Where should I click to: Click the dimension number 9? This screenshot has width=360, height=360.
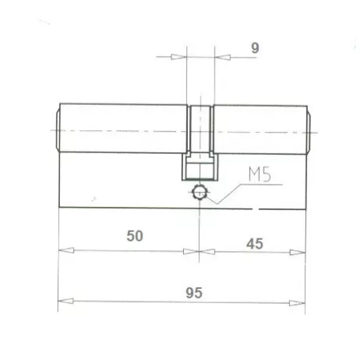(x=255, y=48)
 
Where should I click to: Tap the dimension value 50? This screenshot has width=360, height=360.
(x=135, y=236)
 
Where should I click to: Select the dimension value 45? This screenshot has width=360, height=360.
(x=255, y=244)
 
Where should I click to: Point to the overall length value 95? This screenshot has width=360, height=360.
(x=194, y=293)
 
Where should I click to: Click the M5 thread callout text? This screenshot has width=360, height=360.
(x=260, y=174)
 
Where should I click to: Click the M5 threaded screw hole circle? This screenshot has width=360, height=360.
(x=200, y=193)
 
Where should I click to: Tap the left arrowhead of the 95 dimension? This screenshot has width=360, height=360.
(x=66, y=301)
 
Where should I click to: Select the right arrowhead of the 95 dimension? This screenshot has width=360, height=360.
(x=297, y=303)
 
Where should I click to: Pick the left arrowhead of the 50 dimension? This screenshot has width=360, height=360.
(x=66, y=250)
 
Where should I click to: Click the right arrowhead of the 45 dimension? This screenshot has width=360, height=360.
(x=298, y=253)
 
